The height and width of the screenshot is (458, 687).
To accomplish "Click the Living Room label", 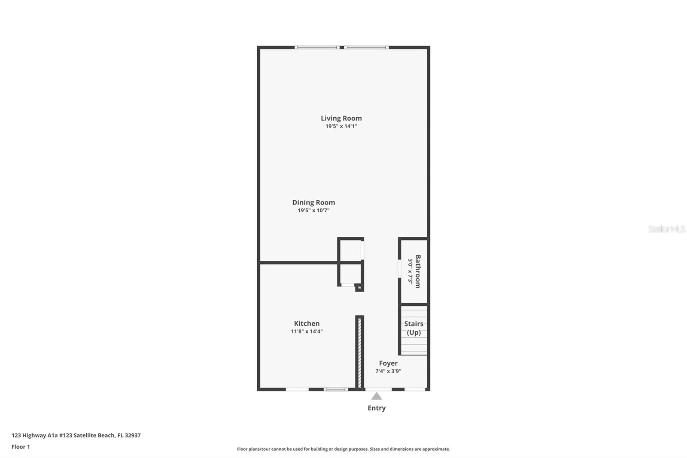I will (341, 118).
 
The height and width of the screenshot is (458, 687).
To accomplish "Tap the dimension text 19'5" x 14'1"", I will (341, 126).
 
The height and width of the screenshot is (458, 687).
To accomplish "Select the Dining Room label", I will (313, 202).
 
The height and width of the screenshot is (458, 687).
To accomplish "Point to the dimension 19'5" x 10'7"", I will (313, 211).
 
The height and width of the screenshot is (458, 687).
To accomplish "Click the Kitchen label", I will (307, 324).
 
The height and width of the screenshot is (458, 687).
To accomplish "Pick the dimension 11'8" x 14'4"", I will (307, 332).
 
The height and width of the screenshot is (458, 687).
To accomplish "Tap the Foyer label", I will (388, 363).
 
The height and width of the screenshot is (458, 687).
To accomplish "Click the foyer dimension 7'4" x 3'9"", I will (388, 371).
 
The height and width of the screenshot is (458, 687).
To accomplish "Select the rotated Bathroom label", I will (418, 272).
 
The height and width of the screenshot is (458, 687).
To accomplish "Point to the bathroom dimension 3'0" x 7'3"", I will (410, 272).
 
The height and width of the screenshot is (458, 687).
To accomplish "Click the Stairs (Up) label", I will (413, 328).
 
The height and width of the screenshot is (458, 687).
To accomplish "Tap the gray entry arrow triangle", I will (377, 397).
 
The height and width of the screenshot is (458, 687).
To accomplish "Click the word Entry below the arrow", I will (377, 408).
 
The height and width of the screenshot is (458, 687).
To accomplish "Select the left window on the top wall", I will (317, 47).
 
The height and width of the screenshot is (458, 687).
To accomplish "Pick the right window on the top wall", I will (366, 47).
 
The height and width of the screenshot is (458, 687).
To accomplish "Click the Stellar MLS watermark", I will (666, 229).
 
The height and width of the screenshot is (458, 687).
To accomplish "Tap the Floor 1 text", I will (21, 447).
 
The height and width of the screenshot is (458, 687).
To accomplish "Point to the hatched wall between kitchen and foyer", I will (360, 352).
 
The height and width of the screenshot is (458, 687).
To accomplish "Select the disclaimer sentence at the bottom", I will (343, 449).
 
